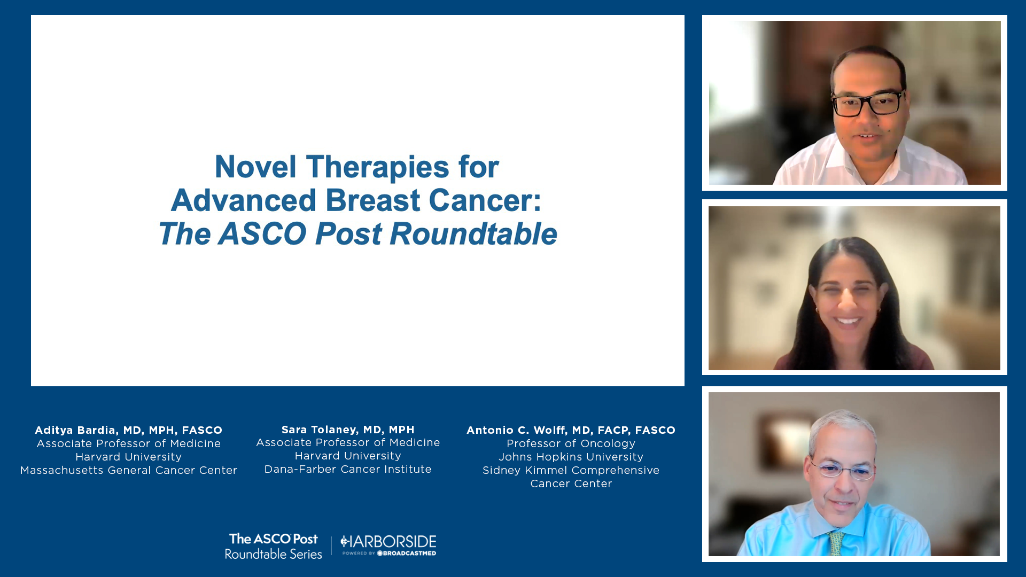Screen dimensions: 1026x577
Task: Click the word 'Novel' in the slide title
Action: (255, 167)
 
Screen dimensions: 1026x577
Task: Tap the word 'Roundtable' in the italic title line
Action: (473, 234)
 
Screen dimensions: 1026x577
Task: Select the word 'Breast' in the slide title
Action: (372, 200)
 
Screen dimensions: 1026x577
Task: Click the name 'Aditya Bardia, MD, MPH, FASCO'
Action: (128, 430)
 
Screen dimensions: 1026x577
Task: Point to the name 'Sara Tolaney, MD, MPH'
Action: (348, 430)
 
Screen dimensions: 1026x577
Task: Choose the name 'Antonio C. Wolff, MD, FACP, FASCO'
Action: (571, 430)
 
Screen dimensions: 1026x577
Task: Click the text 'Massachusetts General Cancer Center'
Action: (129, 470)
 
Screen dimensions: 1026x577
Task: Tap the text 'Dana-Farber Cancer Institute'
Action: (348, 469)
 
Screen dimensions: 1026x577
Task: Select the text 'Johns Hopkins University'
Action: (571, 457)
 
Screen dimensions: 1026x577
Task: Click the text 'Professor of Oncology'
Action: (571, 443)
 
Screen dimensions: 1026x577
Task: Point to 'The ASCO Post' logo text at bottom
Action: (274, 539)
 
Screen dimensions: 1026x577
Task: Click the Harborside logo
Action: (388, 545)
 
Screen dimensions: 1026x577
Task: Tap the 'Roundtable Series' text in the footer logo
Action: (274, 554)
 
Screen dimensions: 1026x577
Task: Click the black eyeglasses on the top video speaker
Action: (868, 104)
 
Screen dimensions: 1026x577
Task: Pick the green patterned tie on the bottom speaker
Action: (836, 543)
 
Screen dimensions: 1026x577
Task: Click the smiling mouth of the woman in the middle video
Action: (848, 321)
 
